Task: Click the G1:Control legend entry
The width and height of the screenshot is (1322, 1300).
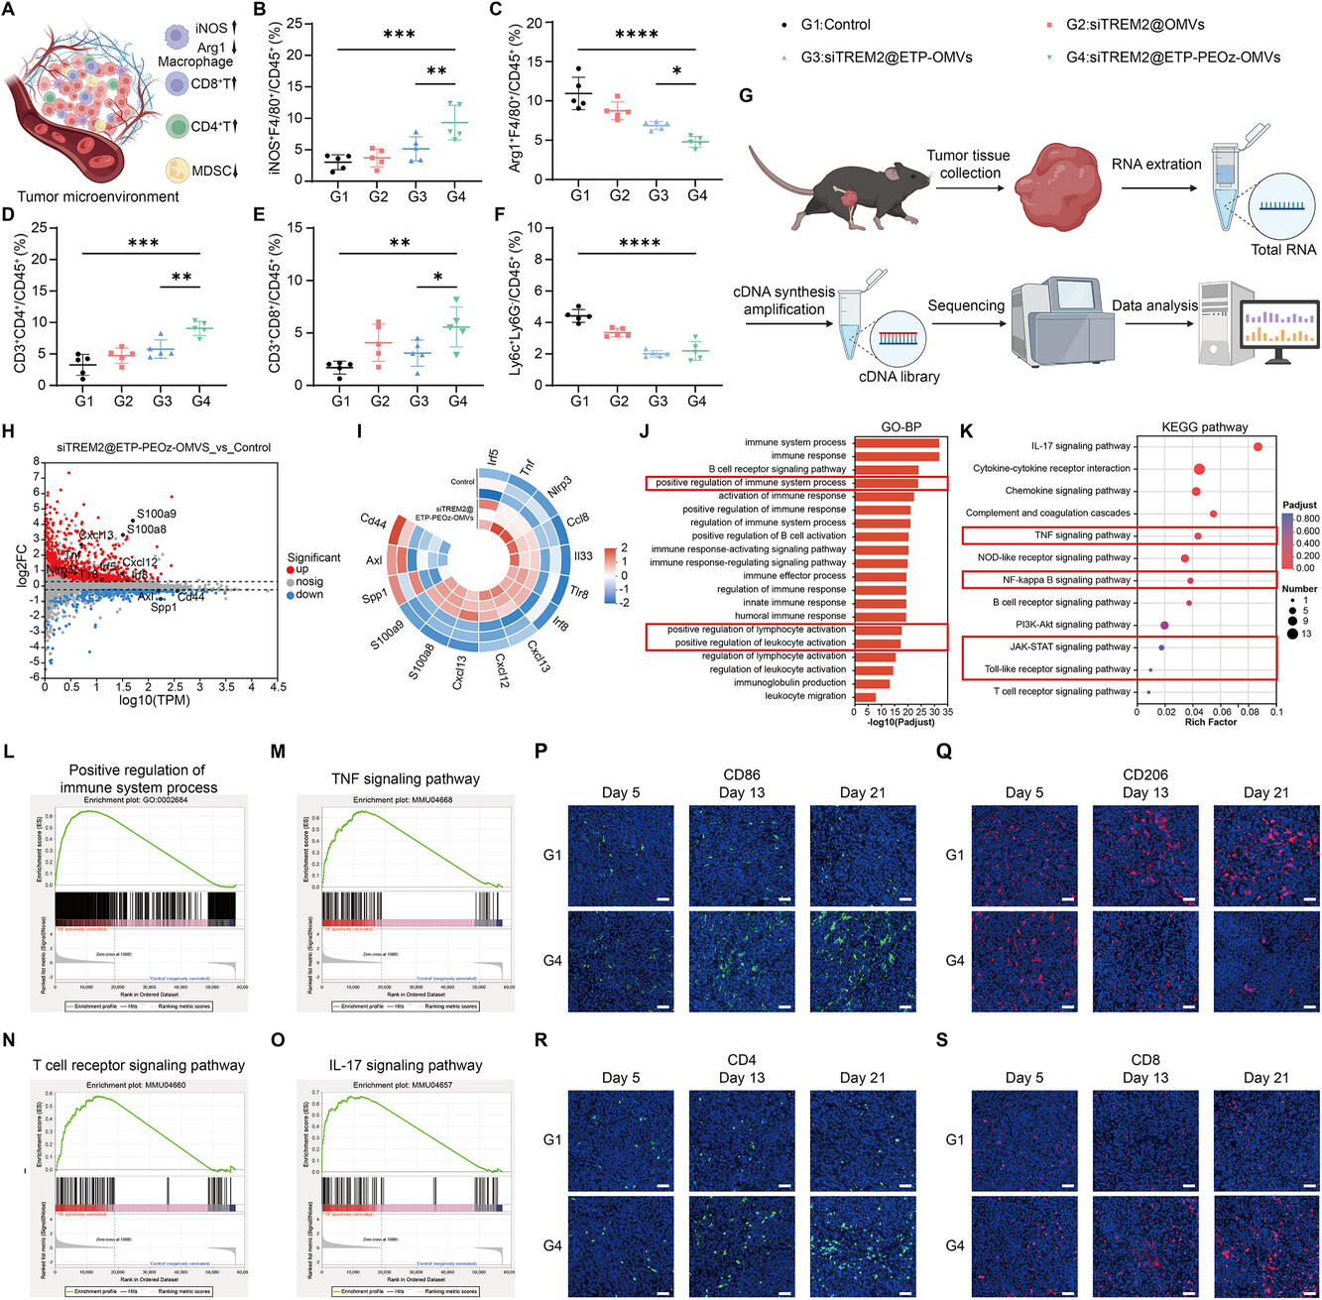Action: (x=834, y=24)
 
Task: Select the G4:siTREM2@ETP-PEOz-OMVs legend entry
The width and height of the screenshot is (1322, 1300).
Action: (x=1173, y=58)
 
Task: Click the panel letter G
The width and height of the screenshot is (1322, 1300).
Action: (x=746, y=95)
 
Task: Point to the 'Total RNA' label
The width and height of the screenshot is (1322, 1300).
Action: (x=1283, y=250)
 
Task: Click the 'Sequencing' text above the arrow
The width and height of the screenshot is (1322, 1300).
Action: (x=966, y=305)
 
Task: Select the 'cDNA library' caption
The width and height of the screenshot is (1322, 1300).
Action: (x=899, y=377)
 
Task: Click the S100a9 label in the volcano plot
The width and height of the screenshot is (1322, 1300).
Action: (x=157, y=514)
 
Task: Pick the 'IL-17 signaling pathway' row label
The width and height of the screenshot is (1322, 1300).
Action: (x=1080, y=446)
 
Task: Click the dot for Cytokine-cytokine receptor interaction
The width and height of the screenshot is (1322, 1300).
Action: (x=1199, y=469)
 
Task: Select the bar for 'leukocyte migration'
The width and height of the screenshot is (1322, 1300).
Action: (x=865, y=697)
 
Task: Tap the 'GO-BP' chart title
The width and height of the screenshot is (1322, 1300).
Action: (x=901, y=427)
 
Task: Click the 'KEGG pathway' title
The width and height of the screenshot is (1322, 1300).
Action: (x=1204, y=427)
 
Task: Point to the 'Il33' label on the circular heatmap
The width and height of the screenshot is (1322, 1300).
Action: (x=583, y=556)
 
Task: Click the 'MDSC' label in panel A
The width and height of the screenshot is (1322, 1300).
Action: (x=212, y=171)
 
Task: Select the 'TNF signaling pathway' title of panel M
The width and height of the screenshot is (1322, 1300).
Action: (x=406, y=779)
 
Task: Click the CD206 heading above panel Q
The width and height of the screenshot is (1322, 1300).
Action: (x=1145, y=774)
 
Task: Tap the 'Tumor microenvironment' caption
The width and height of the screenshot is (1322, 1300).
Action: (x=98, y=197)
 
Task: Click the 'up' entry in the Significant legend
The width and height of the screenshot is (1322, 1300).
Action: (x=301, y=570)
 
